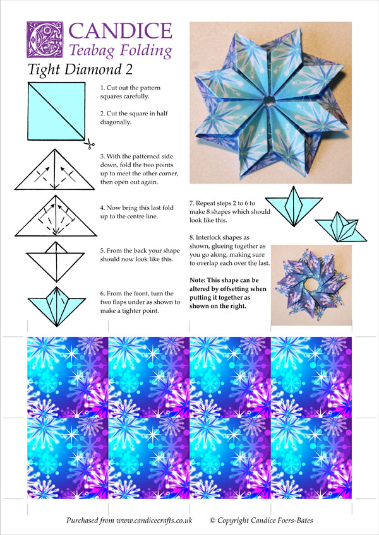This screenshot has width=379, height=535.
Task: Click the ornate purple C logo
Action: pyautogui.click(x=45, y=40)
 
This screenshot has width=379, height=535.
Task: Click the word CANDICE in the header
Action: pyautogui.click(x=121, y=31)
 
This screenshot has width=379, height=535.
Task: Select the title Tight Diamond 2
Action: pyautogui.click(x=80, y=69)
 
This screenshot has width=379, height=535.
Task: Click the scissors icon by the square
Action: pyautogui.click(x=89, y=144)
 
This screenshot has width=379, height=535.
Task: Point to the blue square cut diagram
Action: pyautogui.click(x=56, y=111)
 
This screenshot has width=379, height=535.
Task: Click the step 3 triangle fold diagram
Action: pyautogui.click(x=55, y=169)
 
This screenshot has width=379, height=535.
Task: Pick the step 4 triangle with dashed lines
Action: pyautogui.click(x=56, y=216)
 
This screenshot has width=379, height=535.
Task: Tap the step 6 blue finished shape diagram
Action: pyautogui.click(x=57, y=307)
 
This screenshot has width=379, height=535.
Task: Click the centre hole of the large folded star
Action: pyautogui.click(x=270, y=100)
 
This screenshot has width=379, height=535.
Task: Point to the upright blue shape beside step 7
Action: pyautogui.click(x=294, y=206)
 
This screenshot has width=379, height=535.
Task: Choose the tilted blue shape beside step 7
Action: pyautogui.click(x=340, y=227)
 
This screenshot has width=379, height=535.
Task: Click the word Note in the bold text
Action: pyautogui.click(x=197, y=280)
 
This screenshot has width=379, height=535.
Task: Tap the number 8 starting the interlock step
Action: pyautogui.click(x=191, y=237)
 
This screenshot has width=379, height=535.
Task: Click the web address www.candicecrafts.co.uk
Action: pyautogui.click(x=154, y=520)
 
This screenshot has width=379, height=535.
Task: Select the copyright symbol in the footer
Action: pyautogui.click(x=212, y=520)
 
